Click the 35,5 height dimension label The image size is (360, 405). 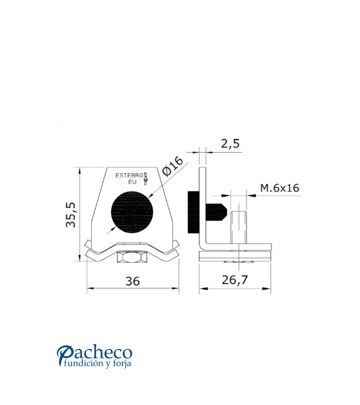[71, 215]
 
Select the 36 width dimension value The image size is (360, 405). [133, 281]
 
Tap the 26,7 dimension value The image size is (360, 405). [235, 280]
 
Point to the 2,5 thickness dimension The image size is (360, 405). [230, 144]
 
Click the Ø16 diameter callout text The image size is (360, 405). [172, 167]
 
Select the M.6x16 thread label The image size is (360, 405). [280, 188]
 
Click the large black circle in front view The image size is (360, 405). [131, 212]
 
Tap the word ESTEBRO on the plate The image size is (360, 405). [129, 176]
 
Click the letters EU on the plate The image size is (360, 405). [132, 182]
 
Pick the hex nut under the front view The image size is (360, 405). [132, 257]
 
